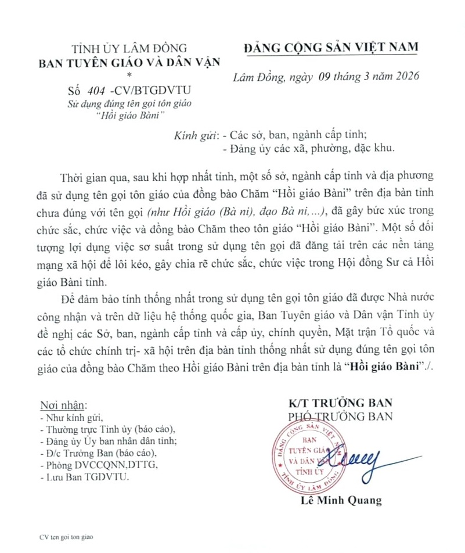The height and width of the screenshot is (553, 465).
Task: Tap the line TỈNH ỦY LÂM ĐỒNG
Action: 129,49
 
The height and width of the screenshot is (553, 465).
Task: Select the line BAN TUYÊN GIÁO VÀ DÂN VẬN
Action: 129,62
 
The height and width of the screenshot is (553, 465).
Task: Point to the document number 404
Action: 97,91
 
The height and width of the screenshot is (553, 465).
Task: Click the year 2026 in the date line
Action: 405,77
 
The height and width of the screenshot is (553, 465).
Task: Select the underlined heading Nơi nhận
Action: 63,404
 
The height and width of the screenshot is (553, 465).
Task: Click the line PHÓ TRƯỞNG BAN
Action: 340,416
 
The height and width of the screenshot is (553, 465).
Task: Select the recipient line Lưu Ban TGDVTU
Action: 84,477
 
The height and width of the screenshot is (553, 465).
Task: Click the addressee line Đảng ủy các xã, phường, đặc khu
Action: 308,148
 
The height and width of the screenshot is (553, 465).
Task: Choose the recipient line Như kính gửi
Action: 70,417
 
